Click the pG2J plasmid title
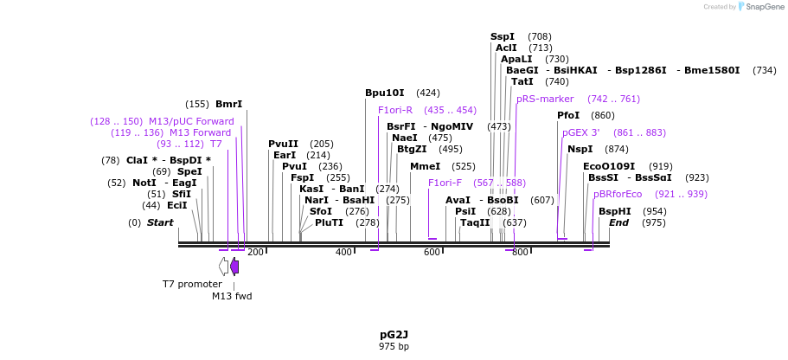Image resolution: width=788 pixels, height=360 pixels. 394,334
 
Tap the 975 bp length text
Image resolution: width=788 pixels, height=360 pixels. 394,347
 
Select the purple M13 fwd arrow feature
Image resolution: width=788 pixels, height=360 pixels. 234,267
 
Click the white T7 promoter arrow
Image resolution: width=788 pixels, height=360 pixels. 223,267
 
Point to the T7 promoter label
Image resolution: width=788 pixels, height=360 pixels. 192,284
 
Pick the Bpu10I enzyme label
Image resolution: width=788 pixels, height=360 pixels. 385,93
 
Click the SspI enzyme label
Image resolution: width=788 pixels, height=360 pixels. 503,36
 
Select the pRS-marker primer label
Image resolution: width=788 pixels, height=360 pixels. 545,99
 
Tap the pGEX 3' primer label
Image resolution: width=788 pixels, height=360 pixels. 581,132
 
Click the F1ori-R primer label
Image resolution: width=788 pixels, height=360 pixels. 395,110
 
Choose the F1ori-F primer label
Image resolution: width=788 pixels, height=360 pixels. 445,183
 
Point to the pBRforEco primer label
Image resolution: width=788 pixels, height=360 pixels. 618,194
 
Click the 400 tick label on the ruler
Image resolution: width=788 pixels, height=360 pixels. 344,253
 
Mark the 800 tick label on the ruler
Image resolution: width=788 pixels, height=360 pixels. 520,253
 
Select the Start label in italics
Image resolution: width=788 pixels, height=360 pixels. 160,222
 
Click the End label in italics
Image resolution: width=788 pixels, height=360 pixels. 619,222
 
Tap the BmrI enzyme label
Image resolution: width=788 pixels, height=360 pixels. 228,104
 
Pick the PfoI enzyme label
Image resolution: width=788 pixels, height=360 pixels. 568,115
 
